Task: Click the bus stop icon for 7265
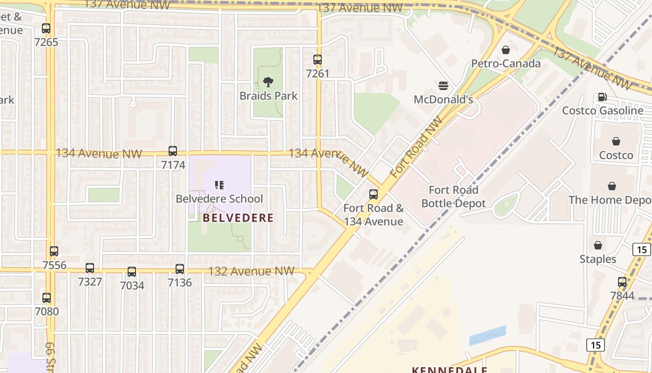46,28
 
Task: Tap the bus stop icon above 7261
318,60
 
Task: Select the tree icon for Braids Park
268,83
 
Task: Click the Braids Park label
268,96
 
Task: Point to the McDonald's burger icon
443,86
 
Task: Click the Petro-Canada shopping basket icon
506,50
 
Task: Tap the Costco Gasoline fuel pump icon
602,97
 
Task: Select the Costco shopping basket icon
616,141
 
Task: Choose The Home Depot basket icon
612,186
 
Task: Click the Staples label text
598,259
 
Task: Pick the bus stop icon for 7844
622,282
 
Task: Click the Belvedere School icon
219,185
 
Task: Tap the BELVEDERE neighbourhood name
238,218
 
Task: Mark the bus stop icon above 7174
173,151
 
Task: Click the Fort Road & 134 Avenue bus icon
374,194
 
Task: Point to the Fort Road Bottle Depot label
453,197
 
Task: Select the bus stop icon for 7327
90,268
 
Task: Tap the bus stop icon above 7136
180,269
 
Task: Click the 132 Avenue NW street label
251,271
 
